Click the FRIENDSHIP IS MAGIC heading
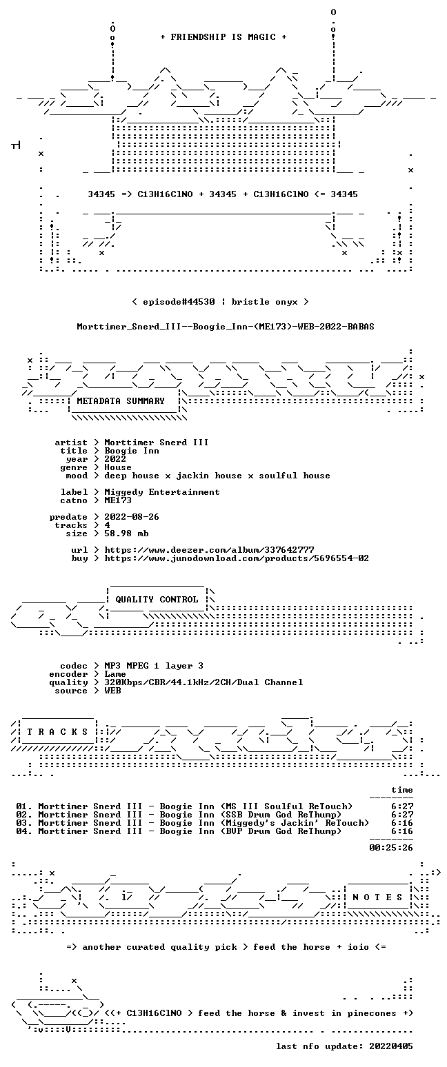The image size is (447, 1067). (223, 37)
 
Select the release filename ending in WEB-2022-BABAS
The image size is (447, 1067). (226, 327)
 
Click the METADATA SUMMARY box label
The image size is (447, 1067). (121, 401)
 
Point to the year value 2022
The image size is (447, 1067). (115, 459)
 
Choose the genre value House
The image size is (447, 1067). (118, 467)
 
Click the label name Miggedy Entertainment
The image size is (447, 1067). (162, 493)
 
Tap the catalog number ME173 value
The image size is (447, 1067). (118, 500)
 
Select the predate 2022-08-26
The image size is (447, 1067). (132, 517)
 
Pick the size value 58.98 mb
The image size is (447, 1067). (126, 533)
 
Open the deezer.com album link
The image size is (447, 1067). (209, 550)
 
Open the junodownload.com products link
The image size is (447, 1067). (237, 558)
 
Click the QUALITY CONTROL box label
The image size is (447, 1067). (157, 600)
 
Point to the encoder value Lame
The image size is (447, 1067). (115, 674)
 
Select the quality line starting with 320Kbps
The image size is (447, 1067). (203, 682)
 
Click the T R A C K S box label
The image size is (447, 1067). (58, 731)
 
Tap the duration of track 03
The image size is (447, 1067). (402, 823)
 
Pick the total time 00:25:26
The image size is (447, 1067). (391, 848)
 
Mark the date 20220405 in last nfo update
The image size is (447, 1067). (391, 1046)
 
